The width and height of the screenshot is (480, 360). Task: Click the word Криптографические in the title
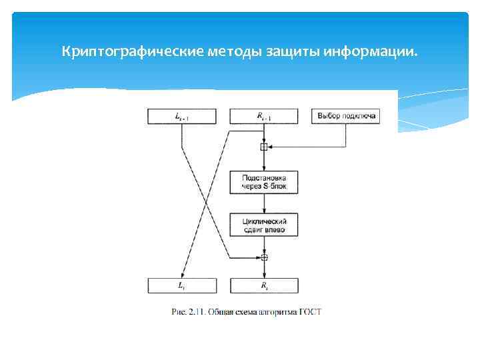(117, 51)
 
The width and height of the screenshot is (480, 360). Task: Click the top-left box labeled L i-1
(182, 116)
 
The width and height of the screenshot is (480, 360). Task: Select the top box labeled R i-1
(264, 116)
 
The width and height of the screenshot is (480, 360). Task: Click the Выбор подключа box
(346, 116)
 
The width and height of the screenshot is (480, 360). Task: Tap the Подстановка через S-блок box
(264, 182)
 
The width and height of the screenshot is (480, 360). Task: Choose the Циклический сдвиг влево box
(264, 224)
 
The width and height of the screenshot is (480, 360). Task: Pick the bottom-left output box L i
(182, 285)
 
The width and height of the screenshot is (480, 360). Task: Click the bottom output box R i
(264, 285)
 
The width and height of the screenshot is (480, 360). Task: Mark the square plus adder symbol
(264, 147)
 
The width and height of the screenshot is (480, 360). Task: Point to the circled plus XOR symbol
(264, 257)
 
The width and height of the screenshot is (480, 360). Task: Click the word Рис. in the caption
(179, 311)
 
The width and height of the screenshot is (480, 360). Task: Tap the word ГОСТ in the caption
(311, 311)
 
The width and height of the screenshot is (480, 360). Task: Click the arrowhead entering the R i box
(264, 274)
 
